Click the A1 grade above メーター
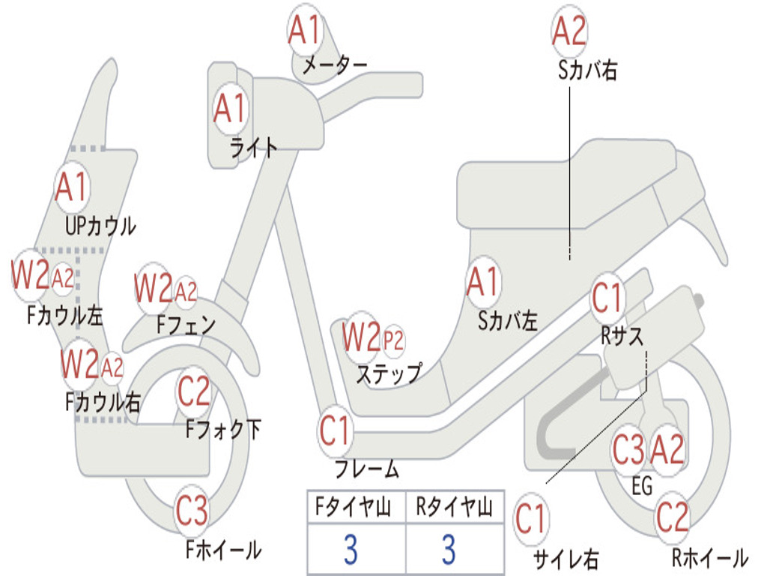tap(305, 31)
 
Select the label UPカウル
tap(100, 225)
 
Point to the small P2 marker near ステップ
tap(392, 341)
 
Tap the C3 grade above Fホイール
tap(192, 512)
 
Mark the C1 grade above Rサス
tap(607, 298)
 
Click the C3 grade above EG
tap(628, 451)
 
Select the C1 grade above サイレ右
tap(531, 518)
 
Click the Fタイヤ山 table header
tap(356, 508)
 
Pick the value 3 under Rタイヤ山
tap(448, 550)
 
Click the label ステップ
tap(388, 373)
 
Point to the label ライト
tap(254, 148)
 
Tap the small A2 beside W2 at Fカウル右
tap(112, 368)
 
